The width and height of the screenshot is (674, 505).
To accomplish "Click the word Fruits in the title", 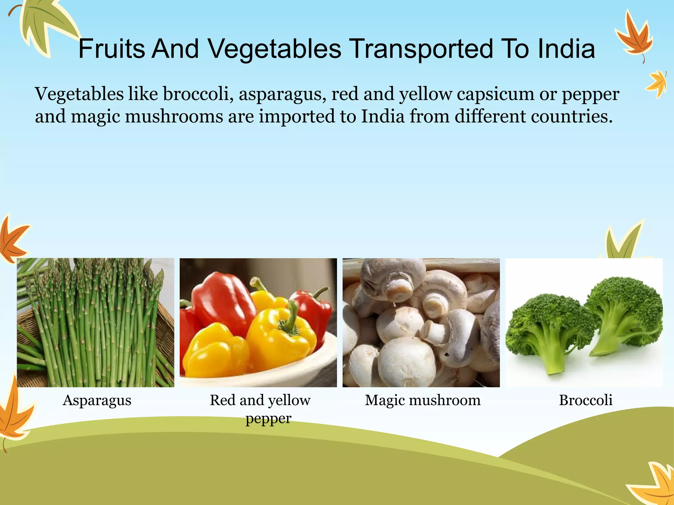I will [112, 49].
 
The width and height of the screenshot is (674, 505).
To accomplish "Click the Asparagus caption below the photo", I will [97, 400].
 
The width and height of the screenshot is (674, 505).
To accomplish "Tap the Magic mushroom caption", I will [423, 400].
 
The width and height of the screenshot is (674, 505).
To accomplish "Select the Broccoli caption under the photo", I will [585, 400].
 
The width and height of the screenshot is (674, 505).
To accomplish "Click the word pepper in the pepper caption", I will [268, 419].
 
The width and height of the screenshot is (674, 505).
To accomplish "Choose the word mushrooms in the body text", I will [174, 116].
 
